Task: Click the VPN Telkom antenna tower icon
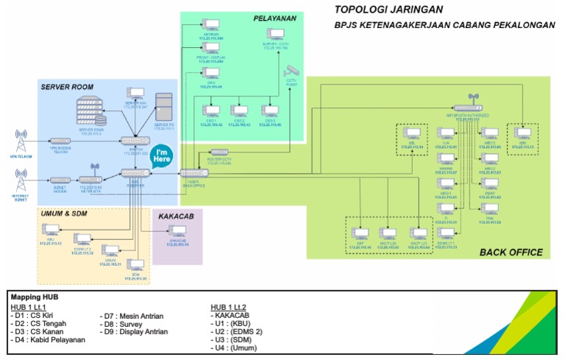pyautogui.click(x=21, y=140)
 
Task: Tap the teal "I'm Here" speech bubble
pyautogui.click(x=162, y=158)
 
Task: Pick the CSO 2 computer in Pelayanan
pyautogui.click(x=239, y=112)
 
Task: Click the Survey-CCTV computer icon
pyautogui.click(x=276, y=34)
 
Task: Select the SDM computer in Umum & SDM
pyautogui.click(x=135, y=266)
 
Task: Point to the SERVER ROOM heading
pyautogui.click(x=67, y=87)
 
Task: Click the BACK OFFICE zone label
pyautogui.click(x=511, y=252)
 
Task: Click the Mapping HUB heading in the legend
pyautogui.click(x=35, y=297)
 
